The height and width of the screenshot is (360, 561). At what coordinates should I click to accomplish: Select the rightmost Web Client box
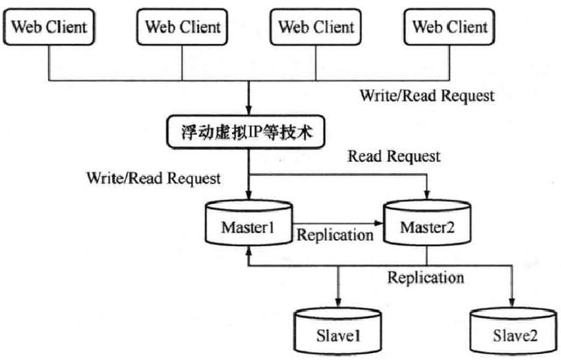point(450,27)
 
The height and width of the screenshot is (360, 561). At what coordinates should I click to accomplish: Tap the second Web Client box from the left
point(182,27)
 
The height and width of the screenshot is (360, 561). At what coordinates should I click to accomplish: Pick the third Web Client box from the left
point(316,27)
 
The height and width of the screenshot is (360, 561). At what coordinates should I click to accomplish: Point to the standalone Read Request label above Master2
point(394,157)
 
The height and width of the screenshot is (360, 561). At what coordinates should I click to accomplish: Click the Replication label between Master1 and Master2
point(335,235)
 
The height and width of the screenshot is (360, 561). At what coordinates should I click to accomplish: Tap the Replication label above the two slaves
point(426,278)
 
